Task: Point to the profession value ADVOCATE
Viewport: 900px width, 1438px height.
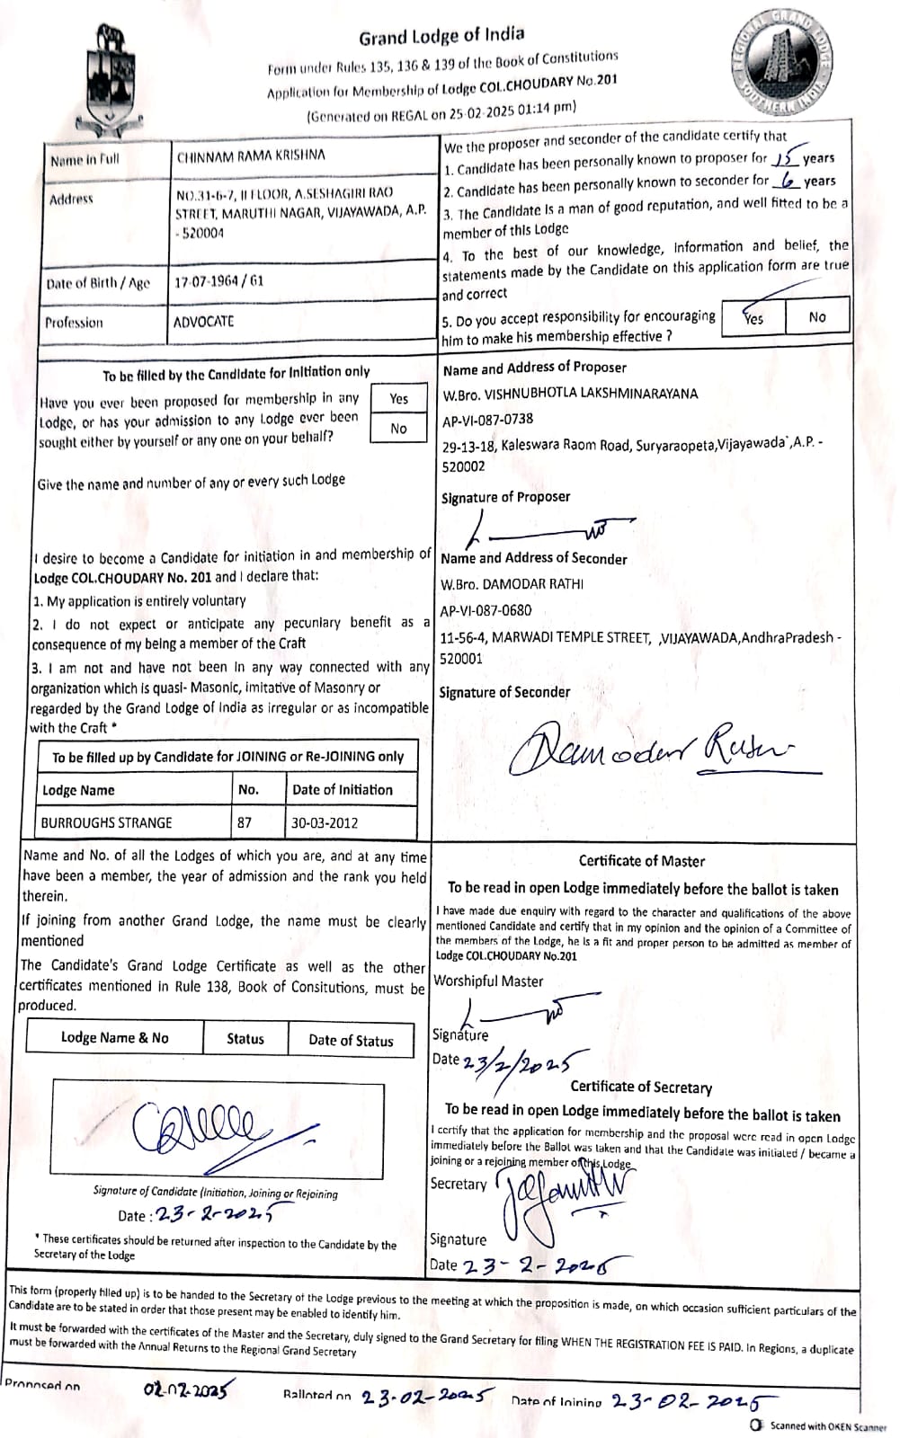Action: coord(203,321)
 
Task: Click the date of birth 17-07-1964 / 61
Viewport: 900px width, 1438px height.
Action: coord(219,280)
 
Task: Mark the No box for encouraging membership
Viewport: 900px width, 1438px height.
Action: coord(816,317)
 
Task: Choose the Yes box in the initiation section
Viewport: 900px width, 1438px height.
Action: coord(398,399)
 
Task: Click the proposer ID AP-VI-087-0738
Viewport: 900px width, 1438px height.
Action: coord(487,419)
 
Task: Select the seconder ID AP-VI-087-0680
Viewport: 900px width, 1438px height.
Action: coord(486,610)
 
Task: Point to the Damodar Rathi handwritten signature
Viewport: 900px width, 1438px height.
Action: coord(651,746)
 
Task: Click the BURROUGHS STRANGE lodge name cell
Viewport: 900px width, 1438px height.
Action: coord(106,822)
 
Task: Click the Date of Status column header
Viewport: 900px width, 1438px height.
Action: coord(351,1040)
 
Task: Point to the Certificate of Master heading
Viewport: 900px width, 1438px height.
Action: coord(641,861)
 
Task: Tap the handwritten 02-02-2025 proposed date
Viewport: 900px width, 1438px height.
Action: coord(187,1389)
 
